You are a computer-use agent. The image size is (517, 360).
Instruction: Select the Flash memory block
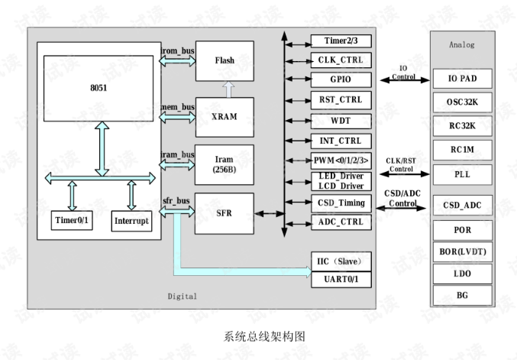click(x=225, y=60)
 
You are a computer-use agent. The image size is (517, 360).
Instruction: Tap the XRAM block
click(x=225, y=117)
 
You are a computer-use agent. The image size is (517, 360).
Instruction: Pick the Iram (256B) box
click(x=225, y=164)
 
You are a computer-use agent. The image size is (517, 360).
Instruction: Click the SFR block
click(x=225, y=213)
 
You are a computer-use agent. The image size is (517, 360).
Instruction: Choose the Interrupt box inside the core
click(x=131, y=222)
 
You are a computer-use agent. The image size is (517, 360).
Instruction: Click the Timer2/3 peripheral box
click(x=341, y=40)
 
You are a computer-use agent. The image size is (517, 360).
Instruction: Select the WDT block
click(x=341, y=120)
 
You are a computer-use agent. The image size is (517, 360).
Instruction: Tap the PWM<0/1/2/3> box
click(x=341, y=161)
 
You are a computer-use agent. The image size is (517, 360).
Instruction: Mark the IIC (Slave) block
click(x=341, y=260)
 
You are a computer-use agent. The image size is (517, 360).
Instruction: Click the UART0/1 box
click(x=341, y=279)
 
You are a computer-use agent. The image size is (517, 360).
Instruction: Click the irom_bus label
click(x=177, y=50)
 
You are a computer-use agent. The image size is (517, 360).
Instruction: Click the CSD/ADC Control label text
click(x=403, y=199)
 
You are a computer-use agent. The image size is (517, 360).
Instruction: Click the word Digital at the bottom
click(x=182, y=296)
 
